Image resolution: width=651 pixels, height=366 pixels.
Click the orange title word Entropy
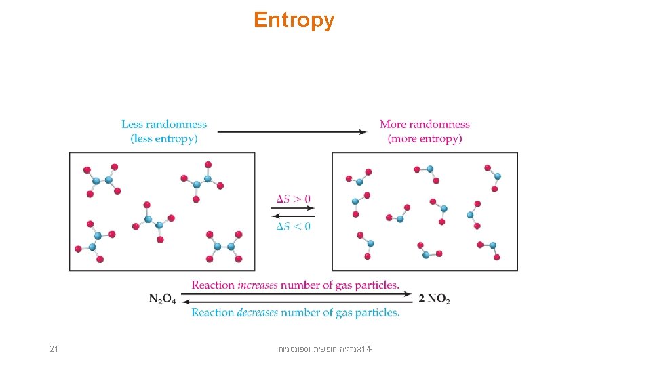tap(294, 20)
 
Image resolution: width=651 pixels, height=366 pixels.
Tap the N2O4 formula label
tap(163, 299)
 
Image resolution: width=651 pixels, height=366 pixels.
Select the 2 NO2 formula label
tap(435, 299)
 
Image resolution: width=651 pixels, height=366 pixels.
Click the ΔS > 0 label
tap(294, 199)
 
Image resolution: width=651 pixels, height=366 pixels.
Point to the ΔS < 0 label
tap(294, 226)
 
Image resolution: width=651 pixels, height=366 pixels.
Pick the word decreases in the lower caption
tap(258, 312)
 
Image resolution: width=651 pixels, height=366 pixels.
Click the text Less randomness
tap(164, 124)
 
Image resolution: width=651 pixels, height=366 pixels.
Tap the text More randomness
tap(425, 124)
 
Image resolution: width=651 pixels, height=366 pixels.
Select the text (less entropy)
tap(164, 139)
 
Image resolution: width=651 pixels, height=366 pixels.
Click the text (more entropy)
tap(425, 139)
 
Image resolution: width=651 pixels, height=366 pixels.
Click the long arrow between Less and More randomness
tap(292, 132)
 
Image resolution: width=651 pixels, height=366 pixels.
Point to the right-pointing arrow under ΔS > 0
tap(294, 208)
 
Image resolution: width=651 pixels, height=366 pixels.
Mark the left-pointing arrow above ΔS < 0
tap(294, 216)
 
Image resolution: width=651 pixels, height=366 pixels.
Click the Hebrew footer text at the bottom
tap(325, 350)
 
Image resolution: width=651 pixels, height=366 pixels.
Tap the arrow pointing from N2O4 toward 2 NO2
tap(298, 294)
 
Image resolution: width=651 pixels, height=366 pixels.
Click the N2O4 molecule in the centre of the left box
tap(153, 221)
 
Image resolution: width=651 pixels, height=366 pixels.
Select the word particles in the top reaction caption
tap(376, 285)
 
